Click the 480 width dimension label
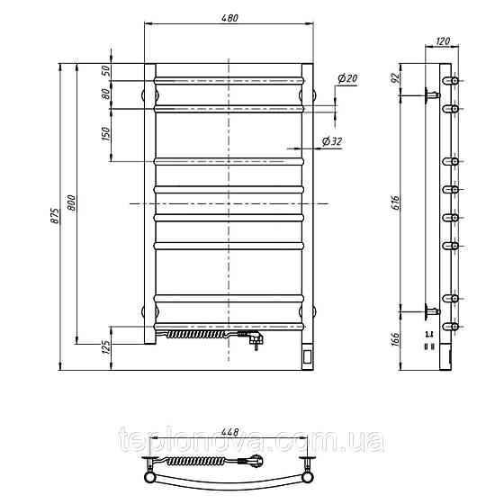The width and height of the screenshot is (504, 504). point(229,18)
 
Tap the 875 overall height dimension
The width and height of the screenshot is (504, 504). point(55,216)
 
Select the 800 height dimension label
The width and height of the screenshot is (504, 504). point(72,202)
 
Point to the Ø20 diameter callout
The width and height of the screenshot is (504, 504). point(347,78)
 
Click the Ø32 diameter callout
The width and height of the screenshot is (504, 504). point(332,141)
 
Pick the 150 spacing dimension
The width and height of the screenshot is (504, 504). point(106,134)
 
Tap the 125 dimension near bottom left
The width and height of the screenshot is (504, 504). point(106,346)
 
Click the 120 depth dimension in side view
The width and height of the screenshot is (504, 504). point(443,40)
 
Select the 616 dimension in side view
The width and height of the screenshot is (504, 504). point(396,202)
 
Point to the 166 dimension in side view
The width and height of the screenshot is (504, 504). point(396,339)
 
